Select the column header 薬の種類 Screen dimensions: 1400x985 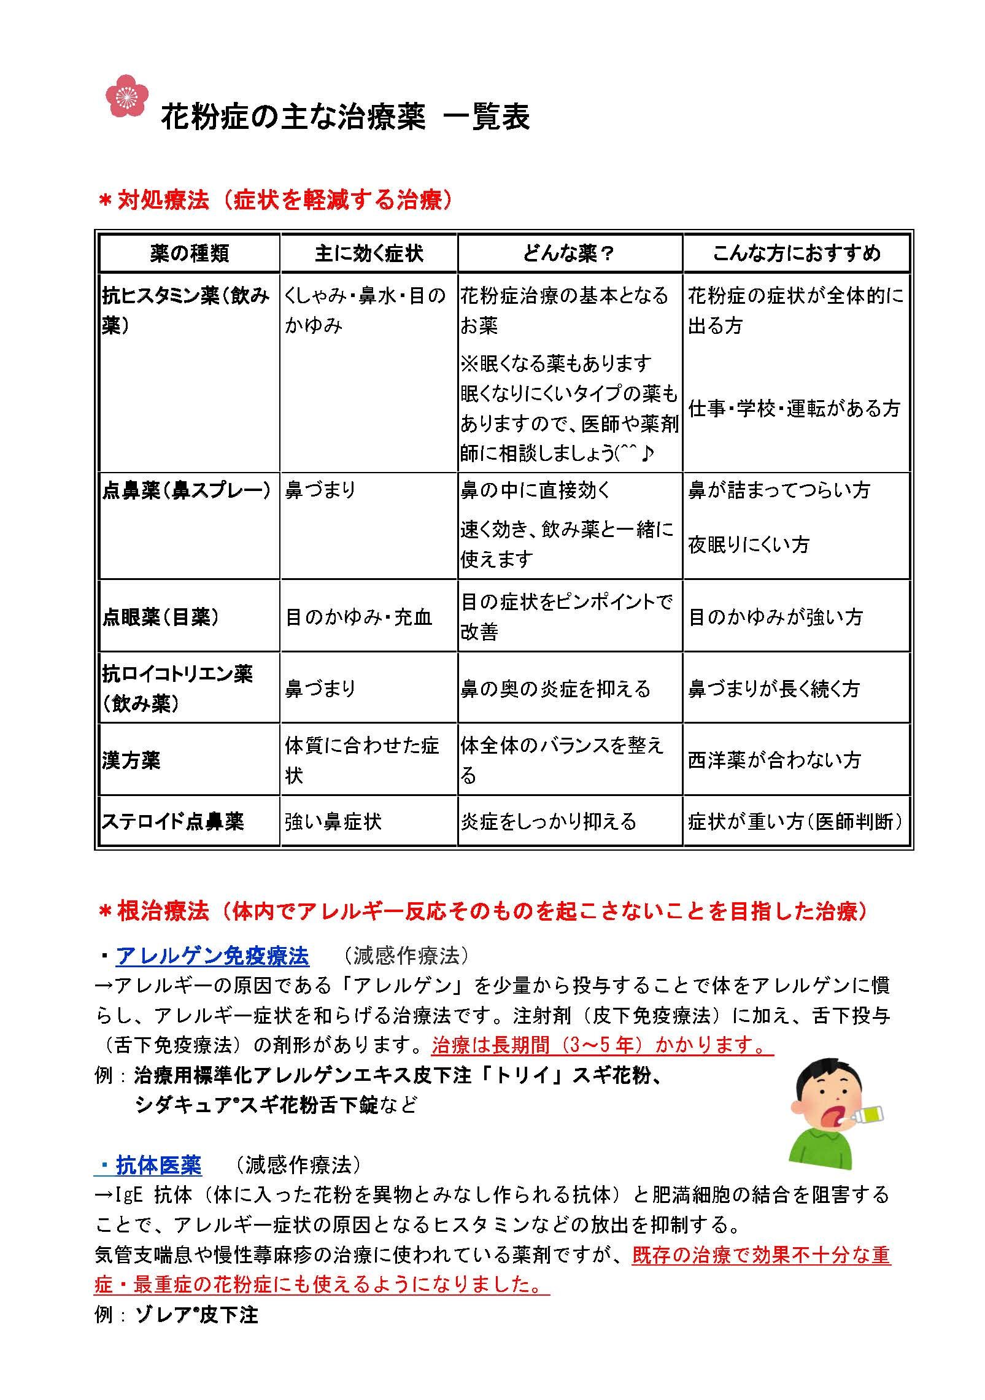[189, 253]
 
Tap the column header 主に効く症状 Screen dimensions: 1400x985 [369, 253]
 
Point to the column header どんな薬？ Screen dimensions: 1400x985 [569, 253]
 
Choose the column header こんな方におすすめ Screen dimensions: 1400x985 [796, 253]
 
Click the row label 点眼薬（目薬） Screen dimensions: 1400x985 [161, 617]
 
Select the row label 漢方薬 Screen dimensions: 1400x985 [131, 760]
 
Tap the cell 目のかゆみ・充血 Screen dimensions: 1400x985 [359, 617]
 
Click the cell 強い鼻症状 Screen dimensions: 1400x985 [333, 821]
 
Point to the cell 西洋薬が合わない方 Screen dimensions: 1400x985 [774, 760]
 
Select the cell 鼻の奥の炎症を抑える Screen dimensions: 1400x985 [555, 689]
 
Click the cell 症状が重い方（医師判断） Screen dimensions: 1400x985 [795, 821]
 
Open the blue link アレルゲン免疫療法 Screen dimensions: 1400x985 [212, 956]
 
